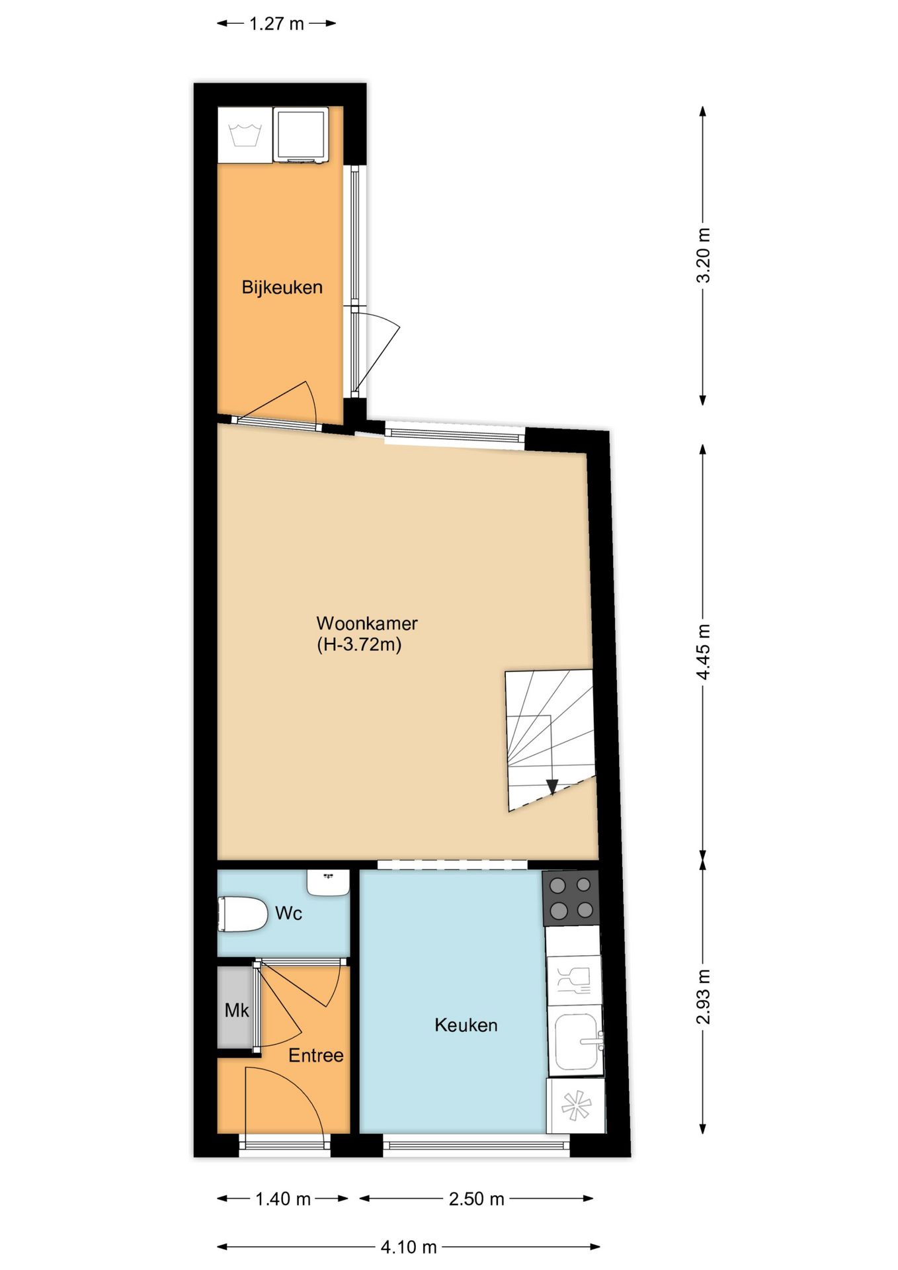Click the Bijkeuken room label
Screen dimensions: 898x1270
pos(282,288)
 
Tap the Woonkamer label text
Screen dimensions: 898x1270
pos(367,623)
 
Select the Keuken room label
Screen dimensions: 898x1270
pos(466,1025)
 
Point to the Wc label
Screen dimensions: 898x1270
pos(288,913)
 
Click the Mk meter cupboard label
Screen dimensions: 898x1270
pos(237,1010)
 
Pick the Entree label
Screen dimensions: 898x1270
pos(315,1055)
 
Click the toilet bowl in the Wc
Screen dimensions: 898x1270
pos(242,914)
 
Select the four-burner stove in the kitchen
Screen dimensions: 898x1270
pos(571,898)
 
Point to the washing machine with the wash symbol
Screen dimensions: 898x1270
pos(245,135)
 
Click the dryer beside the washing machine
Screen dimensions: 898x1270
pos(301,135)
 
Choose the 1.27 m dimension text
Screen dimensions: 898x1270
pos(276,24)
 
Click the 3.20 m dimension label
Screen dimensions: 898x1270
pos(704,255)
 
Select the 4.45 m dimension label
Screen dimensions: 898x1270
pos(704,652)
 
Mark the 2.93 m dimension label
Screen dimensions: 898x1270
pos(704,997)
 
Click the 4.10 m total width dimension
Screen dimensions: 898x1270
pos(409,1247)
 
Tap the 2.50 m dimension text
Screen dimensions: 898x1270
pos(476,1199)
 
